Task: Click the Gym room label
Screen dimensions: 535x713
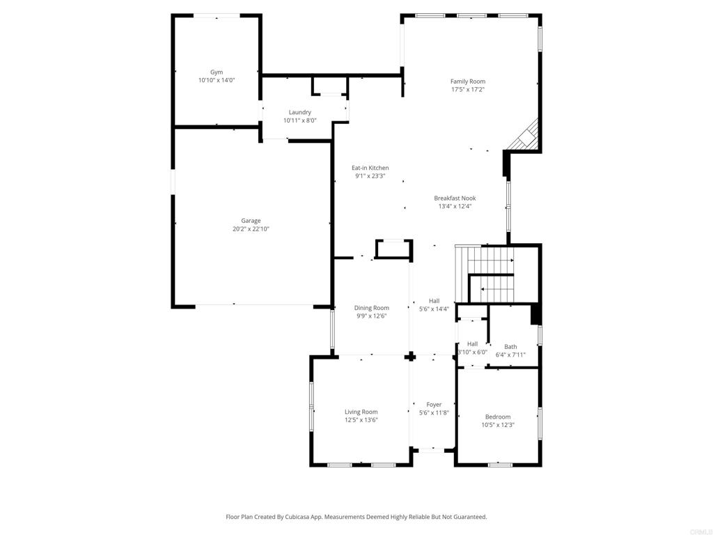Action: click(217, 72)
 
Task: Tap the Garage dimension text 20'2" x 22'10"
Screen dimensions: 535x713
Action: click(251, 229)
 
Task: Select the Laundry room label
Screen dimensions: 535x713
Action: click(299, 112)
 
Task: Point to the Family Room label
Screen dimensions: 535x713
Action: click(467, 82)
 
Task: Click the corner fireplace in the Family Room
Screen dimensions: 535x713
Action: click(526, 136)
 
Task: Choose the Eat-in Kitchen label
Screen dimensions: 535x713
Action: click(370, 168)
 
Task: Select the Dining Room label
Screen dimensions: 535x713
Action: click(371, 308)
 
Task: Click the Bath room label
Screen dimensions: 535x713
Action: click(510, 347)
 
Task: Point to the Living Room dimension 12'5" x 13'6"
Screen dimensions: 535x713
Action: click(361, 420)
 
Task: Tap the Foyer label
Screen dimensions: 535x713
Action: click(434, 404)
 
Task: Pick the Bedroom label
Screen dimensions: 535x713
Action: click(498, 417)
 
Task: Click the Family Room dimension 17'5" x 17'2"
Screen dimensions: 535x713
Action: click(467, 90)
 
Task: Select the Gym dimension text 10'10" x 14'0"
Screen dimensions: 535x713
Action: click(217, 80)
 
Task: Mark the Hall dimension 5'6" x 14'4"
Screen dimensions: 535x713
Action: click(434, 309)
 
